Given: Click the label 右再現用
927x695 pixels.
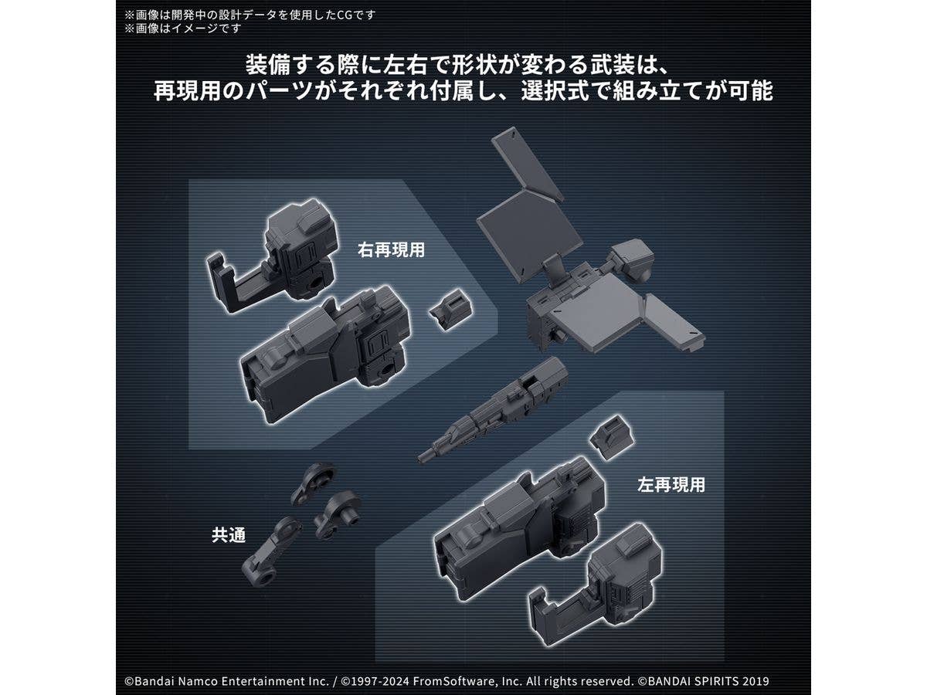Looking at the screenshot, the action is click(391, 249).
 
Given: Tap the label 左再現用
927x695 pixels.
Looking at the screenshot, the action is click(671, 484).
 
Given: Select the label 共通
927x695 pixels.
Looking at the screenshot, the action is click(229, 535).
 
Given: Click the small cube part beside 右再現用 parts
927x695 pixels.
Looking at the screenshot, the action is click(450, 310).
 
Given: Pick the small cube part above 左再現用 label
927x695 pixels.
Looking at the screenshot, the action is click(612, 437).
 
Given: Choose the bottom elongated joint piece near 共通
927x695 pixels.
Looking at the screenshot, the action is click(271, 551).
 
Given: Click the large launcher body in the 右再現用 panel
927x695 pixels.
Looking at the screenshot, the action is click(325, 354).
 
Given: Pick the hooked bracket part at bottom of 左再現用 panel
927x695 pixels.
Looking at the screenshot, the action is click(596, 585).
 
